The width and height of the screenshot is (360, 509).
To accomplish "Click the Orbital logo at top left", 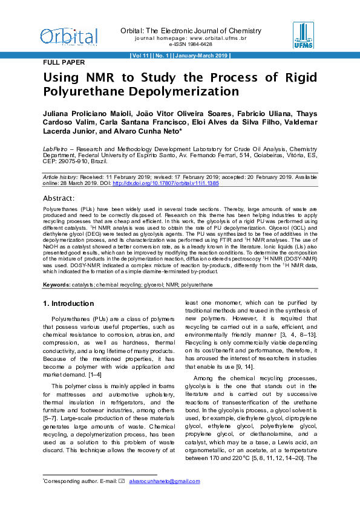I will pyautogui.click(x=68, y=36).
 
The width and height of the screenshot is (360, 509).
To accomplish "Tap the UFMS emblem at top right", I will pyautogui.click(x=303, y=35).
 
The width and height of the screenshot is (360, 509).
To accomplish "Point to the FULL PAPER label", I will pyautogui.click(x=64, y=62).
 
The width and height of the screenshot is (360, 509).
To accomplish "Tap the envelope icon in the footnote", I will pyautogui.click(x=122, y=481).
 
